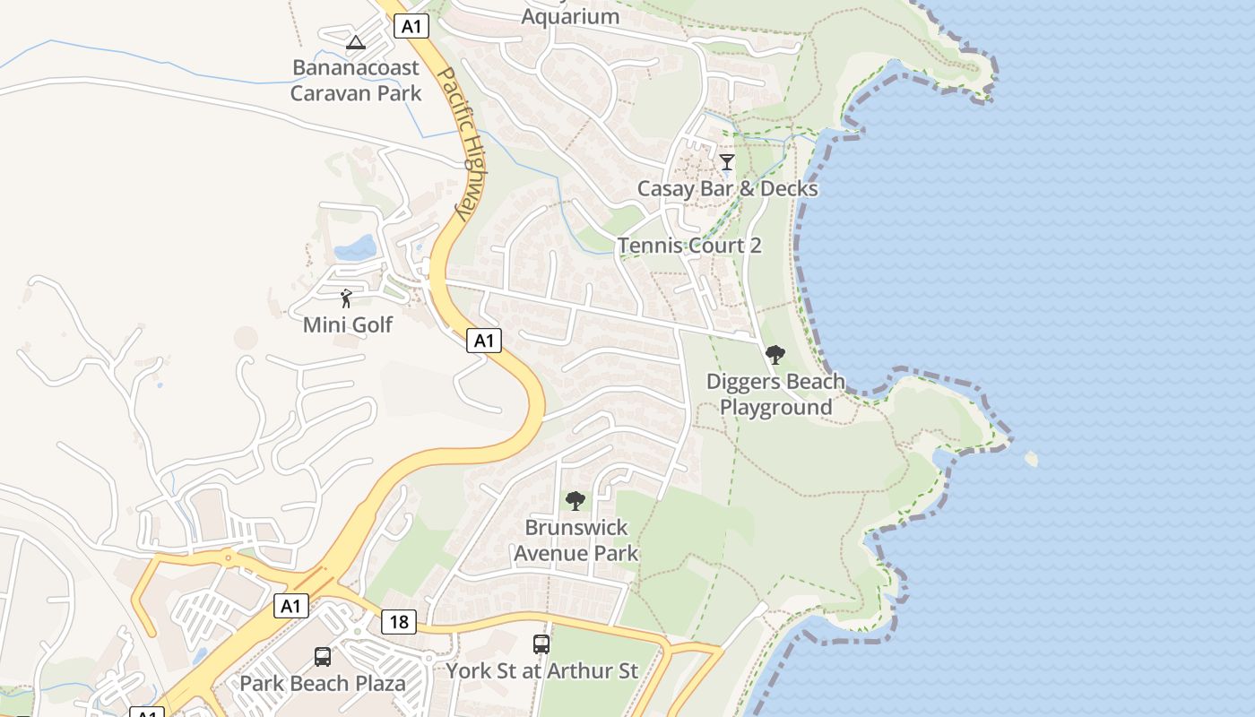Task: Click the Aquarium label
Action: [x=570, y=16]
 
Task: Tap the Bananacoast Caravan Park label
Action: [x=356, y=81]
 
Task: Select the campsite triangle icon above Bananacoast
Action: [x=356, y=42]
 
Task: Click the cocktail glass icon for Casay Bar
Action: [x=727, y=162]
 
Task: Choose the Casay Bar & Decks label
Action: [x=727, y=188]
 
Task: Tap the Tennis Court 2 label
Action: [x=689, y=246]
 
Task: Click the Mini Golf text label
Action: [x=348, y=324]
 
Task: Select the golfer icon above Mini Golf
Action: [x=347, y=298]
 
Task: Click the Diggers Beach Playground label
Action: [x=775, y=394]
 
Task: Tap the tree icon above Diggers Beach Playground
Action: [x=775, y=355]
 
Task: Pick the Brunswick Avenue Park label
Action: [x=576, y=540]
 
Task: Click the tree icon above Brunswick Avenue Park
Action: [x=576, y=501]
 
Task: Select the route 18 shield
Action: [x=398, y=622]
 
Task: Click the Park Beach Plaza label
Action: [x=323, y=683]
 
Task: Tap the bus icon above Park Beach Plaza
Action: [x=323, y=657]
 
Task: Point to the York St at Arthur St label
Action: [x=542, y=670]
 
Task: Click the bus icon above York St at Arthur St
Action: [x=541, y=644]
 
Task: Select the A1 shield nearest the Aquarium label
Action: [x=411, y=27]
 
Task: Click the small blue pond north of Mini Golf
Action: [x=355, y=246]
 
